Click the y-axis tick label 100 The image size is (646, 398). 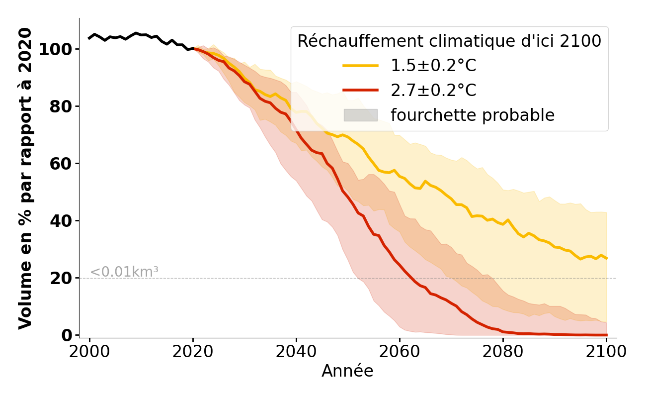pyautogui.click(x=56, y=49)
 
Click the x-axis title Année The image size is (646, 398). pyautogui.click(x=347, y=371)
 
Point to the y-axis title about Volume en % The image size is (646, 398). pyautogui.click(x=25, y=178)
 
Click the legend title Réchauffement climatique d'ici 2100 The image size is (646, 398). pyautogui.click(x=449, y=41)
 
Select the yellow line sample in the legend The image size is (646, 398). pyautogui.click(x=360, y=66)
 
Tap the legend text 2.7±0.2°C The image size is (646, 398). pyautogui.click(x=433, y=91)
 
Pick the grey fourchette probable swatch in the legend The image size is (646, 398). pyautogui.click(x=360, y=115)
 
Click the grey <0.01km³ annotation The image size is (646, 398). pyautogui.click(x=124, y=272)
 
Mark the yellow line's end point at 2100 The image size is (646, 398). pyautogui.click(x=606, y=258)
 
